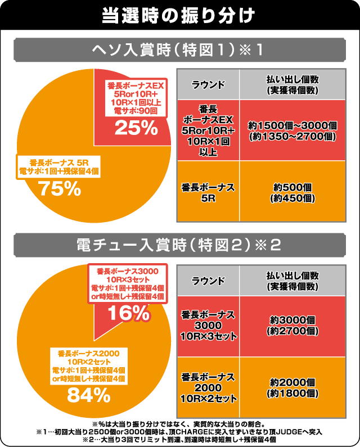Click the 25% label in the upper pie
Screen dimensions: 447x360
(134, 128)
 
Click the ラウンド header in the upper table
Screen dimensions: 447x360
(208, 85)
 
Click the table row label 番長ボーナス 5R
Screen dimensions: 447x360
(208, 192)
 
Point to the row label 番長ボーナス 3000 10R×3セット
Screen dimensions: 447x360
(208, 324)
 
